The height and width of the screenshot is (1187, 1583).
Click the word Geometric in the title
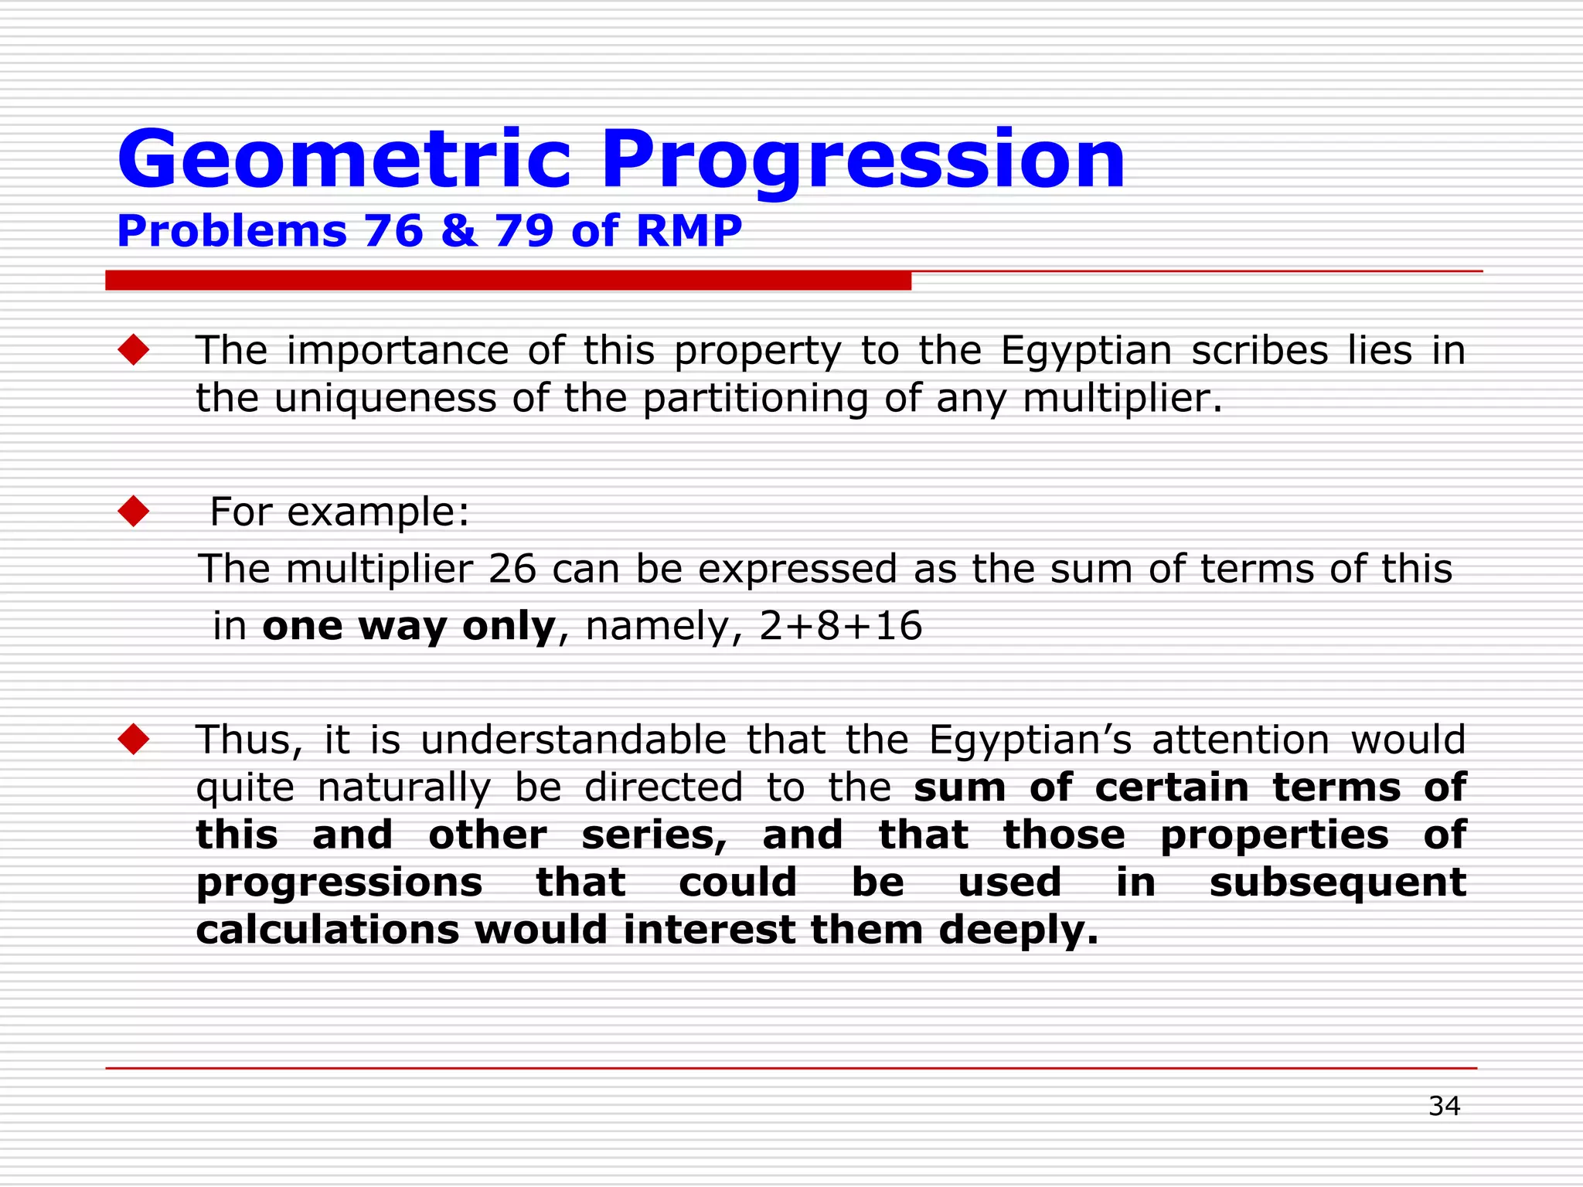344,160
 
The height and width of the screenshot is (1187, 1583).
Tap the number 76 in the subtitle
393,231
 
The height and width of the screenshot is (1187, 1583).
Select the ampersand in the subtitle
459,231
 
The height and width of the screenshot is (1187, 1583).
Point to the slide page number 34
1444,1106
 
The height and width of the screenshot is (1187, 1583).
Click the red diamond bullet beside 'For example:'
134,512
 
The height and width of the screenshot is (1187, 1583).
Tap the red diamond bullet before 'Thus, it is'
134,740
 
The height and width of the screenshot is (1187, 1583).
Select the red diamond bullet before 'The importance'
134,350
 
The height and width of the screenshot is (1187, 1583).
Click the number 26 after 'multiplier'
512,569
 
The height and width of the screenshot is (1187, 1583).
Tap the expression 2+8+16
840,625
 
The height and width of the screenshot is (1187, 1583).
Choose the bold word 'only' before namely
509,625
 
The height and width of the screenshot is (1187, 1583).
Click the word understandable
573,740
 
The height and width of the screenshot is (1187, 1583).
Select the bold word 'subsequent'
1336,883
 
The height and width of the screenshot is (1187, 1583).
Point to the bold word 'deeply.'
1018,930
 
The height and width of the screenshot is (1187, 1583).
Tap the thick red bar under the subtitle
508,281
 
